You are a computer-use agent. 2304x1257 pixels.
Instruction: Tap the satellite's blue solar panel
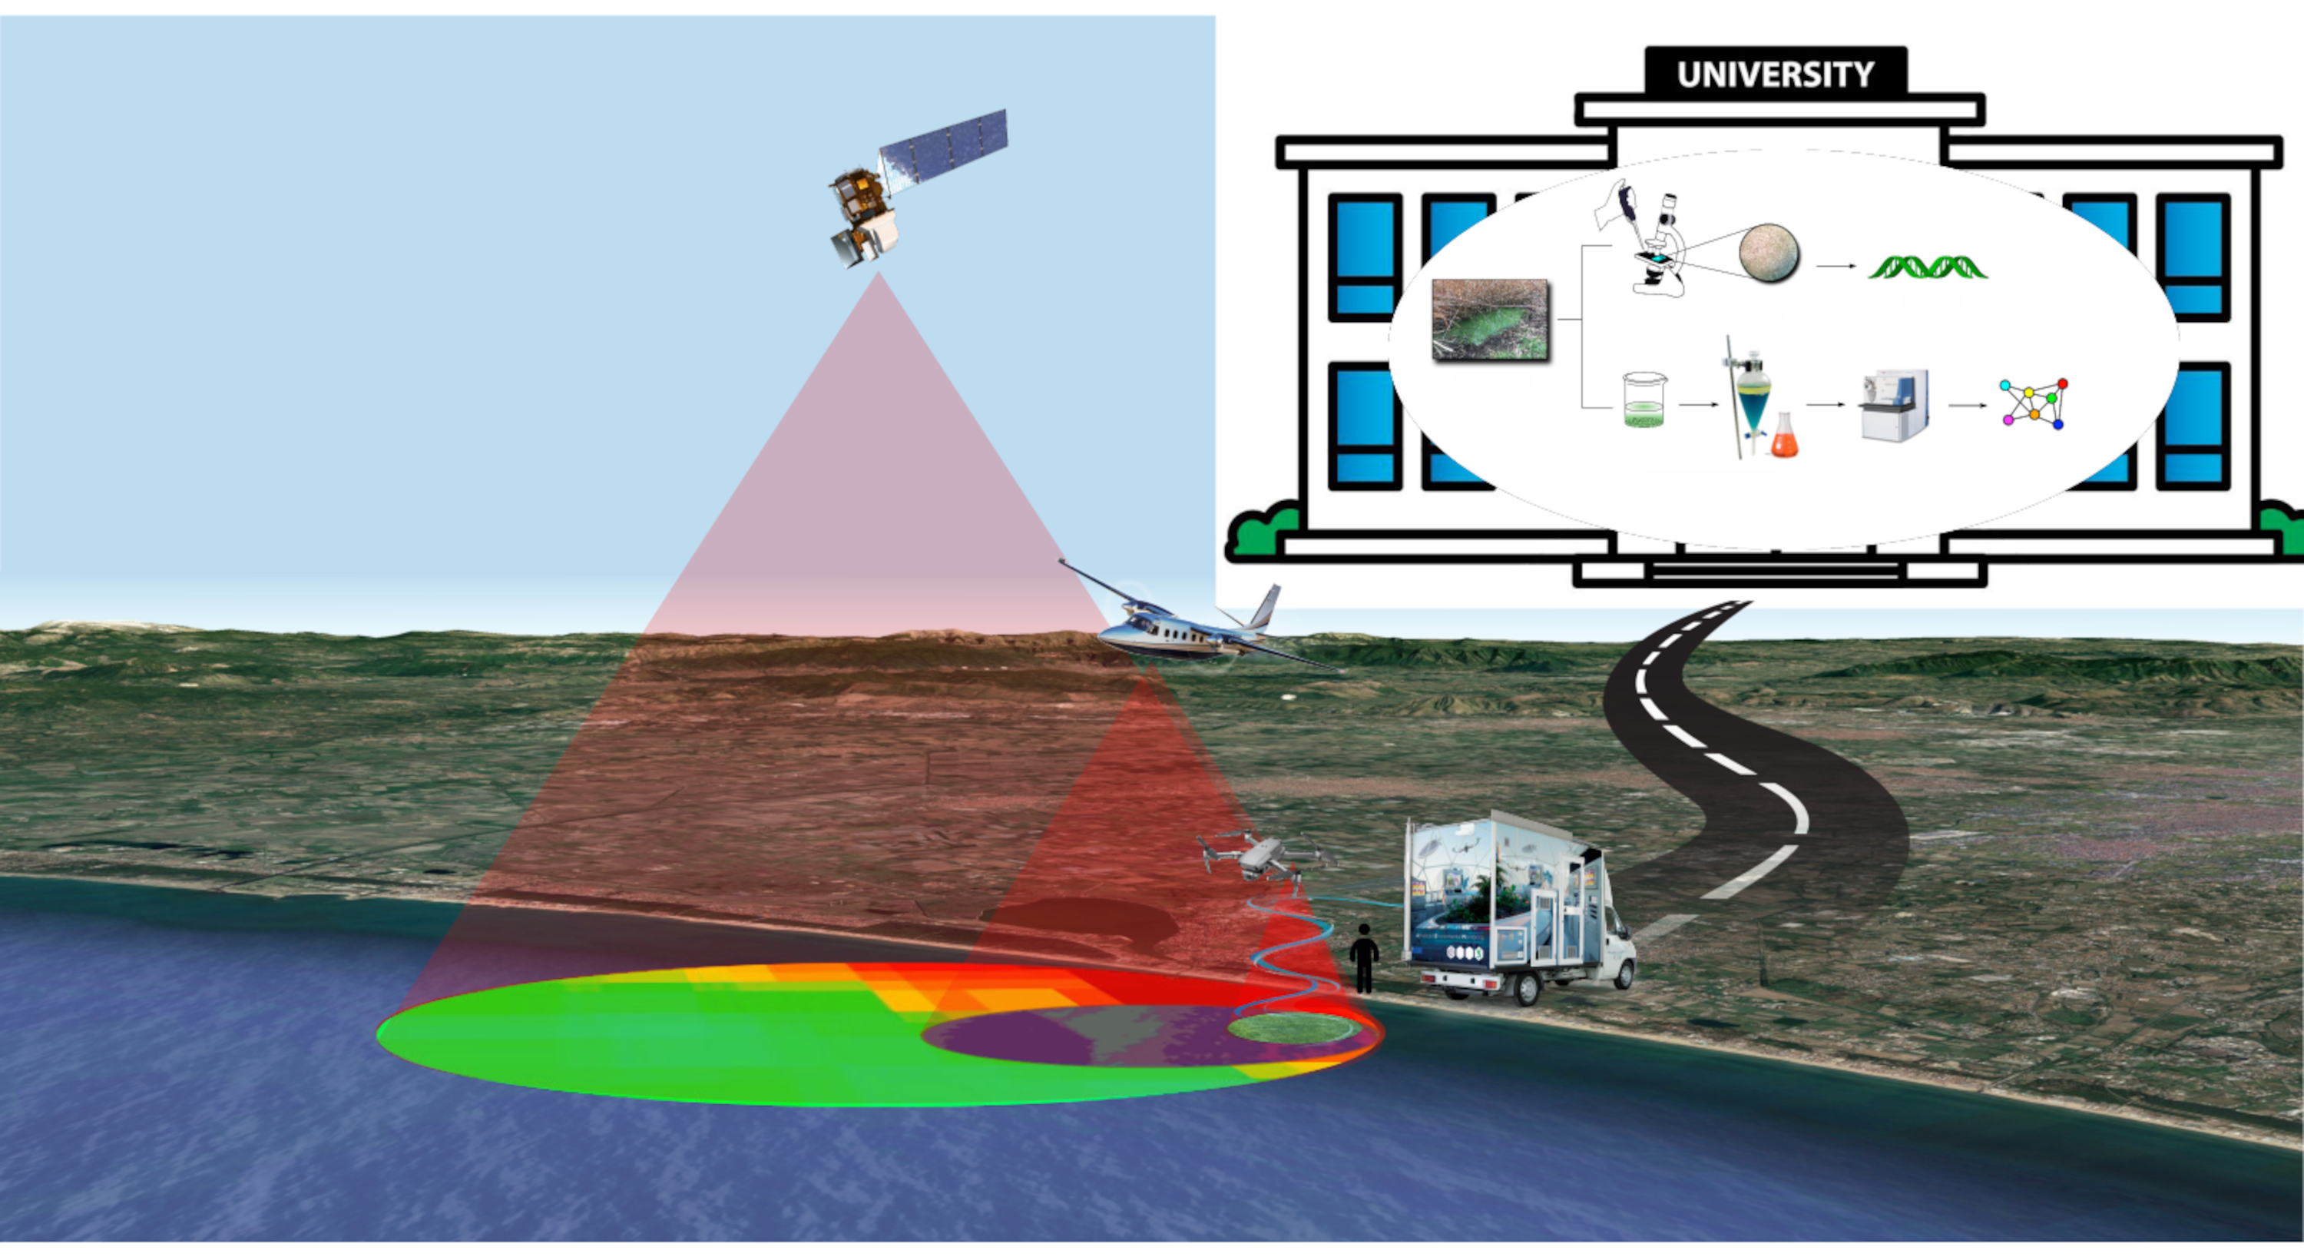(945, 148)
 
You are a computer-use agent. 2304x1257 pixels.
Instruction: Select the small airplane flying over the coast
(1180, 631)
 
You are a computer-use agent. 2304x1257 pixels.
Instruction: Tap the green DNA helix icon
(1928, 267)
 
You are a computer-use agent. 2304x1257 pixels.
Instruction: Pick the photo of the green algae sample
(1490, 320)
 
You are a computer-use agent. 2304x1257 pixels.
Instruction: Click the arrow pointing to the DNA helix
(1836, 266)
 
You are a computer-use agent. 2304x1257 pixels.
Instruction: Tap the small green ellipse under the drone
(1289, 1028)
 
